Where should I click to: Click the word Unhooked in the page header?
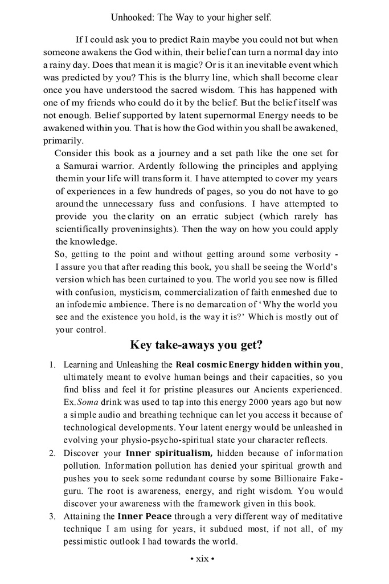click(x=130, y=18)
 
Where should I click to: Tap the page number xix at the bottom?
click(x=202, y=558)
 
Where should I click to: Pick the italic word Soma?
click(x=87, y=402)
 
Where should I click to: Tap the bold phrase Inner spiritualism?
click(x=169, y=453)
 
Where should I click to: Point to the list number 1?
click(x=51, y=364)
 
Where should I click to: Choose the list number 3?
click(x=51, y=516)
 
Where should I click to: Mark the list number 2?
click(x=51, y=453)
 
